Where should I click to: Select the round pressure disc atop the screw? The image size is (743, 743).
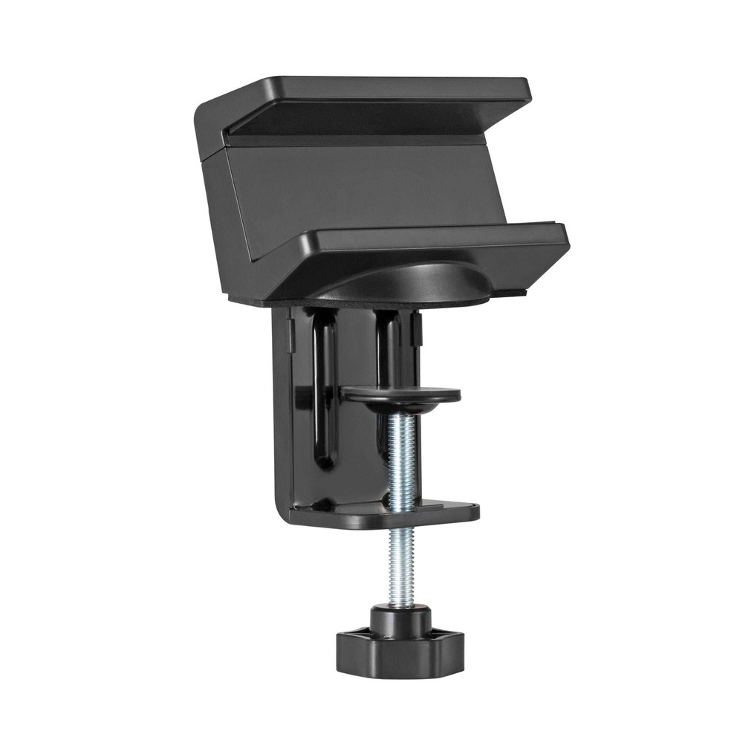click(x=401, y=394)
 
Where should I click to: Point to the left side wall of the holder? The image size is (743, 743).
click(x=223, y=223)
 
